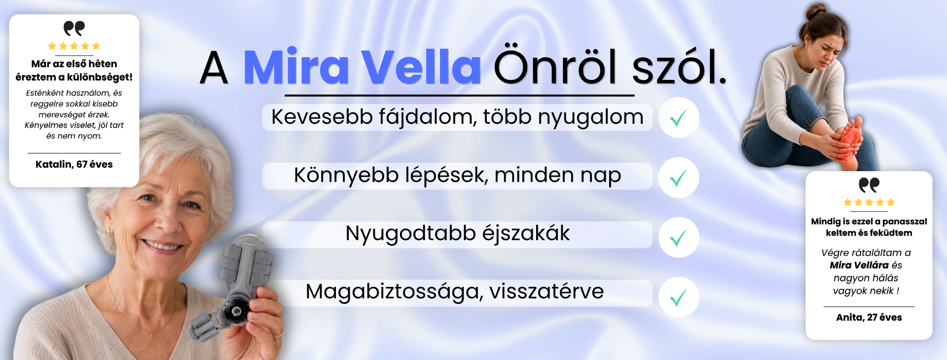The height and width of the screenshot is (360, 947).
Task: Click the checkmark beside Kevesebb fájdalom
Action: pos(679,118)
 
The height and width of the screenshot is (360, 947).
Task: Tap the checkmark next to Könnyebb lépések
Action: pos(679,178)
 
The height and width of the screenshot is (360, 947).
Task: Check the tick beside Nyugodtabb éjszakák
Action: pos(679,238)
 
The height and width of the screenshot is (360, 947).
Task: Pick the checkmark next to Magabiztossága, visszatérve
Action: pos(679,297)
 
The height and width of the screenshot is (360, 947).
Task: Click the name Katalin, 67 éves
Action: pos(74,164)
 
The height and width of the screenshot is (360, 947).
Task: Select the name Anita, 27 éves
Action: pos(869,317)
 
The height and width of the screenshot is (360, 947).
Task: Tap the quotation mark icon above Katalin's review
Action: pos(74,29)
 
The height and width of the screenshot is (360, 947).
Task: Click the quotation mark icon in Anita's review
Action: pos(869,185)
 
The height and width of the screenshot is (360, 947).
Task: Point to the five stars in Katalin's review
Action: pos(74,46)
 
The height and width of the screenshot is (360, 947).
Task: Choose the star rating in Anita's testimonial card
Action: pos(869,202)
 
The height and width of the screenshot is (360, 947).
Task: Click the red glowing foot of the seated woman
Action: pos(849,140)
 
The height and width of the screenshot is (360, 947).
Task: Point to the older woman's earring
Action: pos(110,231)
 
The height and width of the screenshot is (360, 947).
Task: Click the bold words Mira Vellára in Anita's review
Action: pos(859,265)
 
